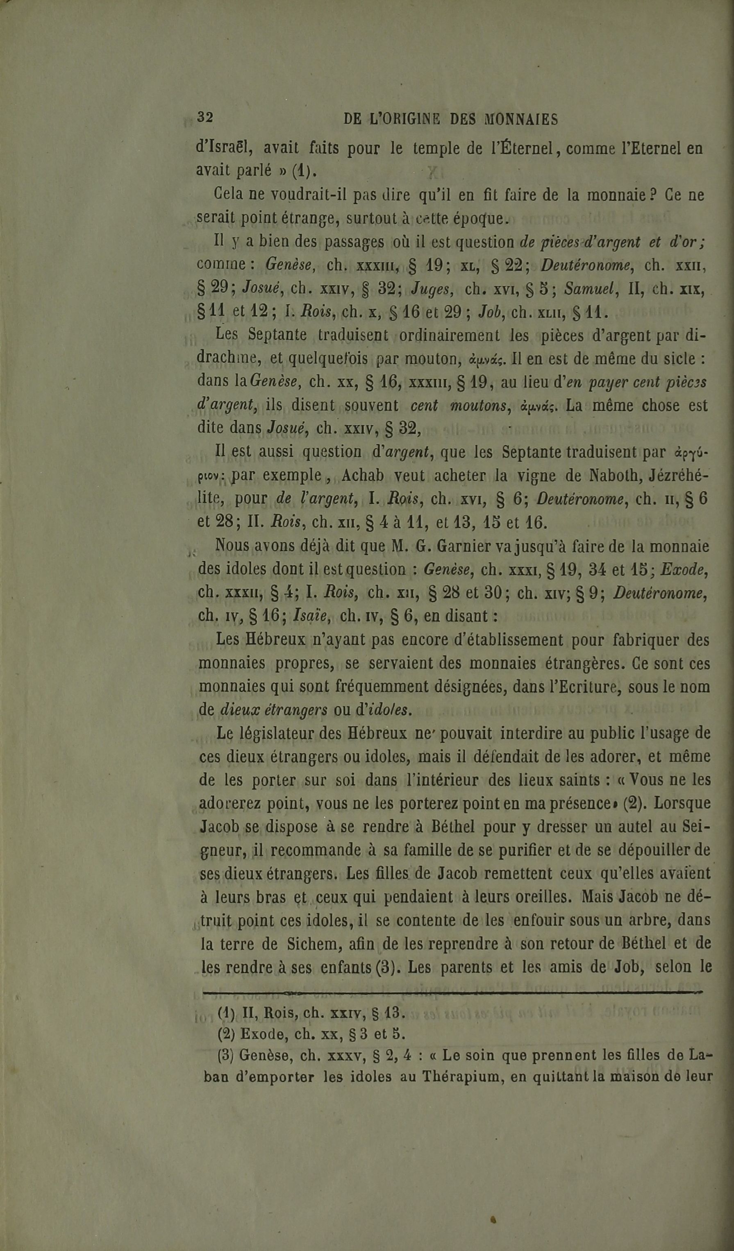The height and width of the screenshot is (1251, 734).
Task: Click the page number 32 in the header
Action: [205, 117]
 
